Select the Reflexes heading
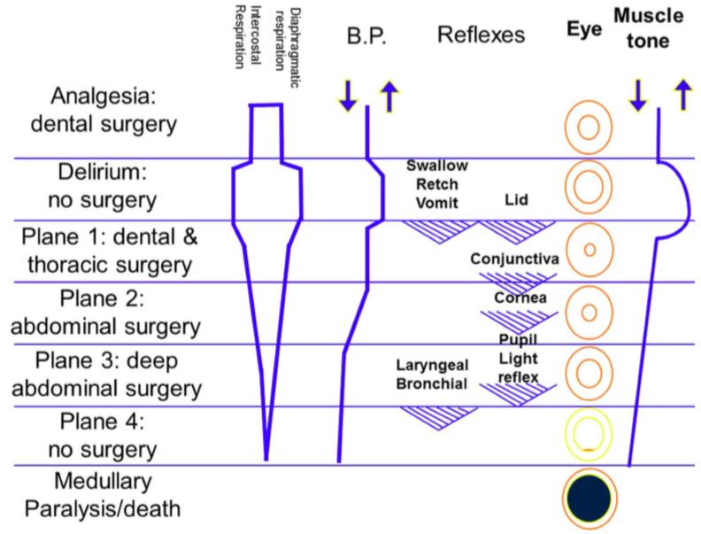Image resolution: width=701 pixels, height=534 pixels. pyautogui.click(x=481, y=35)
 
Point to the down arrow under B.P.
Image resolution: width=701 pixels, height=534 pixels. pyautogui.click(x=348, y=95)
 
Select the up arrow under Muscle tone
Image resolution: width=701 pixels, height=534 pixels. pyautogui.click(x=682, y=95)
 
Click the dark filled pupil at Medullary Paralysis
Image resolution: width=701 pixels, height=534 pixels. pyautogui.click(x=588, y=499)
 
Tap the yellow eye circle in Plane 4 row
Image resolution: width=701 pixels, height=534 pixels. pyautogui.click(x=588, y=435)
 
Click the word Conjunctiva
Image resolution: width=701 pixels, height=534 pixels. pyautogui.click(x=514, y=259)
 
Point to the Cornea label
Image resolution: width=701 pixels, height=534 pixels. pyautogui.click(x=520, y=298)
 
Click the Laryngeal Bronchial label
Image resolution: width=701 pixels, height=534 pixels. pyautogui.click(x=433, y=375)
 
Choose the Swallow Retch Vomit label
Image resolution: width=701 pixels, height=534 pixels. pyautogui.click(x=437, y=183)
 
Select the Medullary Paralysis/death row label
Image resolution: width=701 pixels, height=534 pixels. pyautogui.click(x=103, y=496)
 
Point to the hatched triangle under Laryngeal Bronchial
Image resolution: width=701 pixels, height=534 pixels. pyautogui.click(x=430, y=413)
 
